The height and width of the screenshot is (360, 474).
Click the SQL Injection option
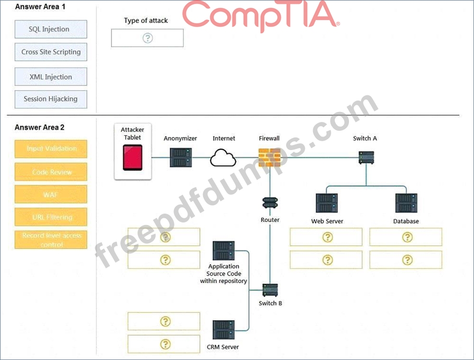[x=51, y=30]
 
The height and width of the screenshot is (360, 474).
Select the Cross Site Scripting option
[x=51, y=52]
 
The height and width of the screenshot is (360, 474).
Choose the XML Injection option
[x=51, y=77]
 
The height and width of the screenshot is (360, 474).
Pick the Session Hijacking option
[x=51, y=99]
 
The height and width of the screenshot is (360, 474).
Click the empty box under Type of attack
[x=147, y=38]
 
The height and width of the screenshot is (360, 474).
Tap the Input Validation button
[x=51, y=149]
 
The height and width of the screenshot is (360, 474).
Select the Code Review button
[x=51, y=172]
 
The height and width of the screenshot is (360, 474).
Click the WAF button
[x=51, y=195]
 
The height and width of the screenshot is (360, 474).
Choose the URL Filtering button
[x=51, y=217]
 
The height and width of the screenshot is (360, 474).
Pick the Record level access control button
[x=51, y=240]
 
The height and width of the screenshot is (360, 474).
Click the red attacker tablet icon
[x=132, y=157]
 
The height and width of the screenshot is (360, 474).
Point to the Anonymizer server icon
[x=181, y=157]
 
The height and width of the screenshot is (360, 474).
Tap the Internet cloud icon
[x=223, y=157]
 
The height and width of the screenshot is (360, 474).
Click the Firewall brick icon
[x=269, y=157]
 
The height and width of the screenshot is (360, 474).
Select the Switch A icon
[x=366, y=157]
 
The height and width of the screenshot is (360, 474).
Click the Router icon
[x=270, y=203]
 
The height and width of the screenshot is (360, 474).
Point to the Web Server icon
[x=327, y=203]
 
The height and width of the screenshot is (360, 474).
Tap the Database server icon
[x=406, y=203]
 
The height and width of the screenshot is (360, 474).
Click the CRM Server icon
[x=223, y=330]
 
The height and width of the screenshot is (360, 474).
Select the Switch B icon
[x=270, y=290]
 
